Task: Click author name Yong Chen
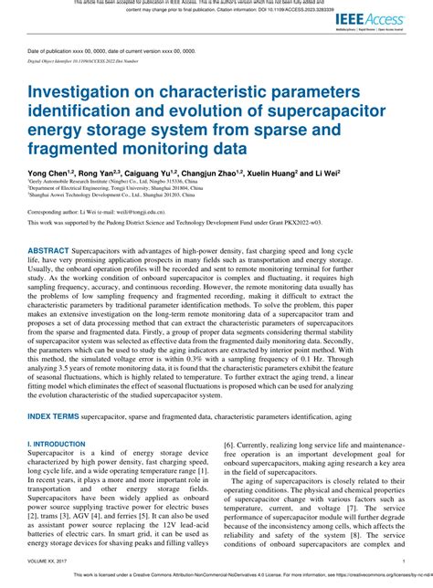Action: (48, 171)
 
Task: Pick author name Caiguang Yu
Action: (166, 171)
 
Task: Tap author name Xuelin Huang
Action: (312, 171)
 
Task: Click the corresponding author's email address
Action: (148, 211)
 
